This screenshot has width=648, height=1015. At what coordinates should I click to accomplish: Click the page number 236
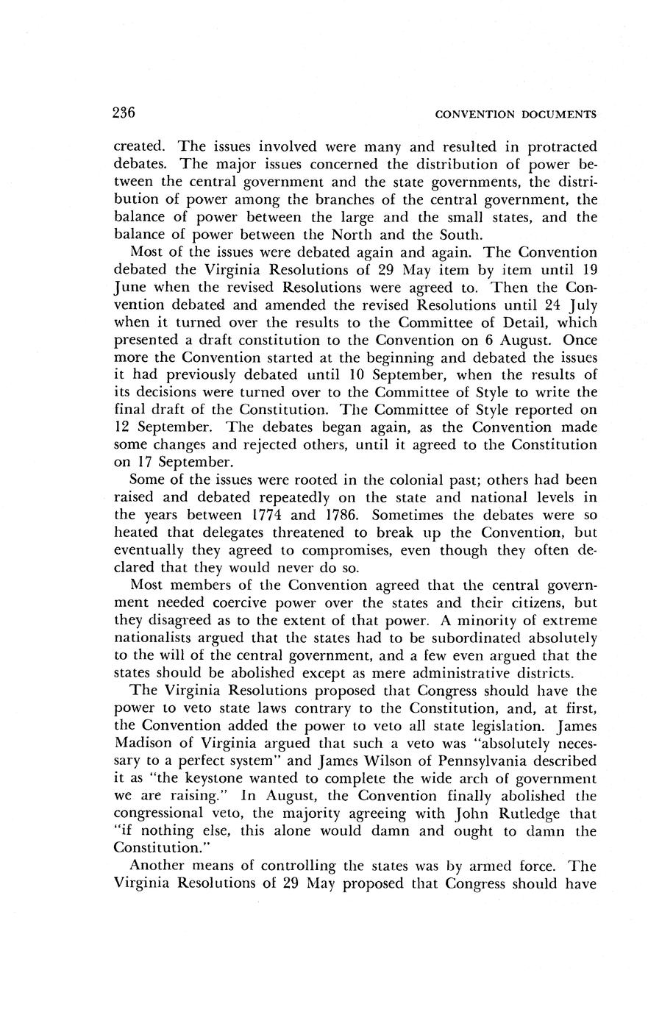124,113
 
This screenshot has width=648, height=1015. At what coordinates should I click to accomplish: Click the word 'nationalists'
155,638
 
